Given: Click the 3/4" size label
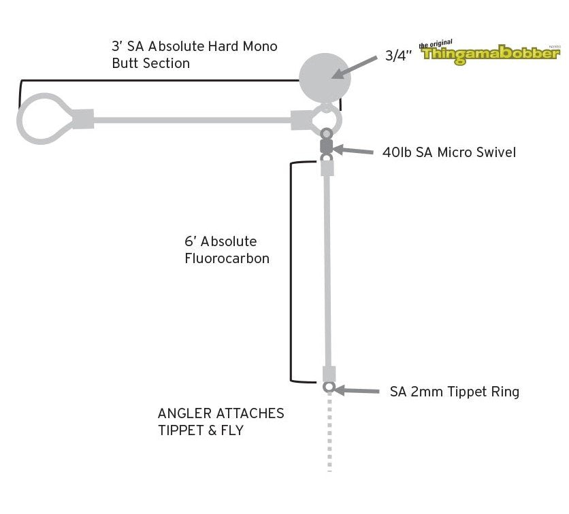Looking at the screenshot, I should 398,56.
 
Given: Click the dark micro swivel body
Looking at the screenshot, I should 326,145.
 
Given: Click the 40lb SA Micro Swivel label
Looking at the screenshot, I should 449,152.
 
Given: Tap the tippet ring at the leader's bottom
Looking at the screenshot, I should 329,388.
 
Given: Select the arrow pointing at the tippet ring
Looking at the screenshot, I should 357,390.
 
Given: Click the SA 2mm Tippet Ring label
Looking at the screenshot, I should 454,392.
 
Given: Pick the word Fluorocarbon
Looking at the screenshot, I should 227,258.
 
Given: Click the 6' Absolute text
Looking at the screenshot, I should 221,241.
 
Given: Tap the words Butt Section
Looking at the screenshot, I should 150,63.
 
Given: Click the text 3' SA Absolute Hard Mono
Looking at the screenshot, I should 194,47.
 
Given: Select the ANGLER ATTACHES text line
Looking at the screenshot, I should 221,413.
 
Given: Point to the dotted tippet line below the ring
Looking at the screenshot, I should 329,435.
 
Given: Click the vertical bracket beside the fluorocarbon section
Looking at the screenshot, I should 291,272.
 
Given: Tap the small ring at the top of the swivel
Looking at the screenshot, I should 325,133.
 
